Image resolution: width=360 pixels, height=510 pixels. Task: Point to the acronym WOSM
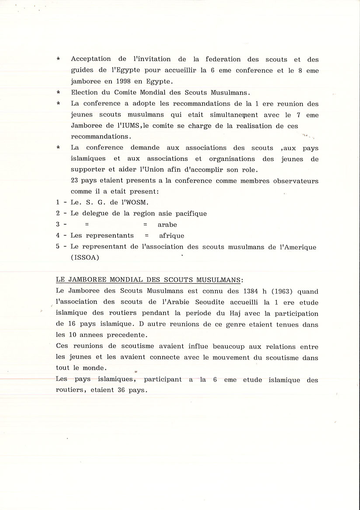(142, 202)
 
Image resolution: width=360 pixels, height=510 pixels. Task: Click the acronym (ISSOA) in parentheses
(85, 258)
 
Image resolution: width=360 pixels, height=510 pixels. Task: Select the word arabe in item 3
(167, 225)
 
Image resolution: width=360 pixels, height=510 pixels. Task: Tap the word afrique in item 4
(172, 236)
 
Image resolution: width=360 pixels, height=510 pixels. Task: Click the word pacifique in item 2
(189, 214)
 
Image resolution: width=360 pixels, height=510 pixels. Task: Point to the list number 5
(58, 247)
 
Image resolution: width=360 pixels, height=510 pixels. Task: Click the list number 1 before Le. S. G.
(58, 202)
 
